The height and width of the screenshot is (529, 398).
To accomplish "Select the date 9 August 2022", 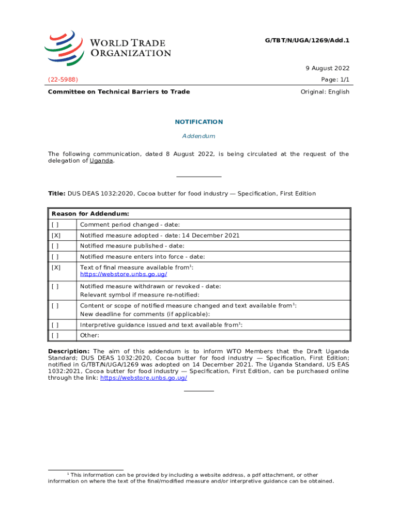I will click(328, 68).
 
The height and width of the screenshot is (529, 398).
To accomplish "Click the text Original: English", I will click(325, 92).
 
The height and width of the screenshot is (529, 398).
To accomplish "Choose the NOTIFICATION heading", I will click(199, 122).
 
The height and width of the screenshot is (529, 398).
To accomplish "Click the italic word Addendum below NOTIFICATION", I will click(199, 136).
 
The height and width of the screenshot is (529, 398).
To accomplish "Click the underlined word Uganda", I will click(101, 161).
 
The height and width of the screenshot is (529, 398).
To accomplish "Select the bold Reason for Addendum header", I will click(90, 214).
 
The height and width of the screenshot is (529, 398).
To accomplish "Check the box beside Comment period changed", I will click(55, 225).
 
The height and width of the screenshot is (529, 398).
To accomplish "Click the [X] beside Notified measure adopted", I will click(56, 236).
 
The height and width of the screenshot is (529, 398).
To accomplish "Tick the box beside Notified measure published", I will click(55, 246).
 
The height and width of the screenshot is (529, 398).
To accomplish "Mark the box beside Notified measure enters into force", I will click(55, 257).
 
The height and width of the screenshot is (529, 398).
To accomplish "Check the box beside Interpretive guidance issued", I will click(55, 325).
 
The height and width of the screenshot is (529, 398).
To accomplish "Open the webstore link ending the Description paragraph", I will click(143, 378).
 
